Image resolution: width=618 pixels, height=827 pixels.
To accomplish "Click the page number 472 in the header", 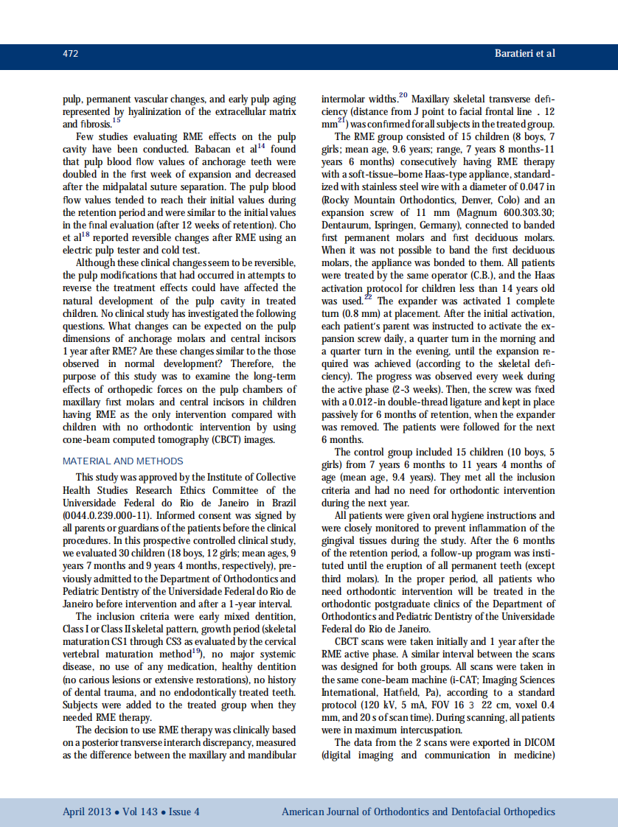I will coord(71,54).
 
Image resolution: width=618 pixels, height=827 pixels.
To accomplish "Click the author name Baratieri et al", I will coord(524,54).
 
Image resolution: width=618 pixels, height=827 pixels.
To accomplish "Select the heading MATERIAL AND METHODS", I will coord(123,461).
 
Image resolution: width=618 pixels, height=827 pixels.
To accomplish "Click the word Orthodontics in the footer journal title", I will coord(407,812).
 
